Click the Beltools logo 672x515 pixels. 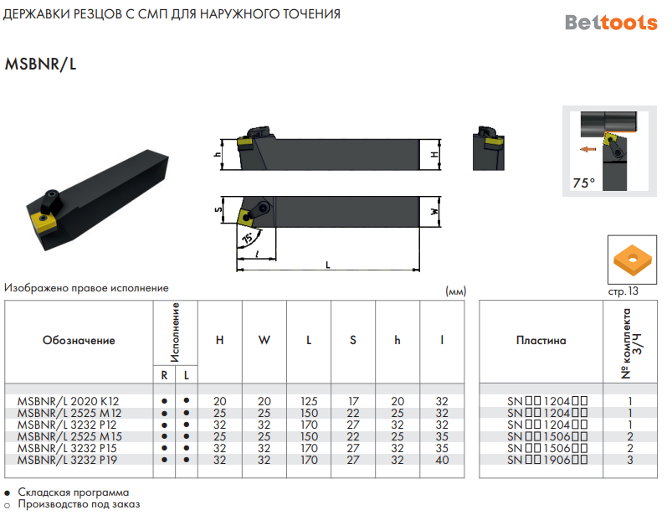(x=611, y=23)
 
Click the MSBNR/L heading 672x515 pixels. (x=40, y=64)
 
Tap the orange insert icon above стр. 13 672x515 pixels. (x=632, y=260)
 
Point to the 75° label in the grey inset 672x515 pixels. (x=584, y=183)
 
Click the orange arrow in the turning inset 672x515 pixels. (x=587, y=149)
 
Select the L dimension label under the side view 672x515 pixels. (x=328, y=265)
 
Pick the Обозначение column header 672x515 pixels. (x=79, y=341)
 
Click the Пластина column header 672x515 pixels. (x=541, y=341)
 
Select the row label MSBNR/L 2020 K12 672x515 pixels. (x=68, y=401)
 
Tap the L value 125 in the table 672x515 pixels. (x=309, y=401)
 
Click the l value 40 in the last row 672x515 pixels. (x=442, y=460)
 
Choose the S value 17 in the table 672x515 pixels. (x=353, y=401)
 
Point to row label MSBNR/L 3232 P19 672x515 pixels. (x=67, y=460)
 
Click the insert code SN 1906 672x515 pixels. (x=547, y=460)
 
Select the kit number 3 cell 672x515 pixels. (x=630, y=460)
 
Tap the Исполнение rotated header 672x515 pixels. (x=175, y=332)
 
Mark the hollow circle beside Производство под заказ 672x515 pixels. (x=7, y=506)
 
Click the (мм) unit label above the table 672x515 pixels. (x=455, y=291)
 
